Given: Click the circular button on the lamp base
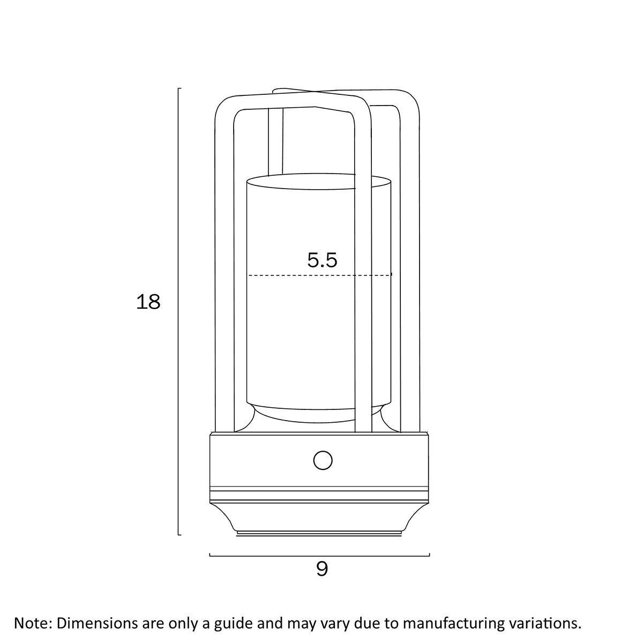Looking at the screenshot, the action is [x=323, y=460].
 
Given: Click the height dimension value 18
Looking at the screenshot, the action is [x=148, y=302].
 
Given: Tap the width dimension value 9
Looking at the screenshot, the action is [x=322, y=569].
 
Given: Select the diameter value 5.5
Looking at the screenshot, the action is [x=322, y=260].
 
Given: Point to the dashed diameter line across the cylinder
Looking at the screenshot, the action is [x=319, y=275].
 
